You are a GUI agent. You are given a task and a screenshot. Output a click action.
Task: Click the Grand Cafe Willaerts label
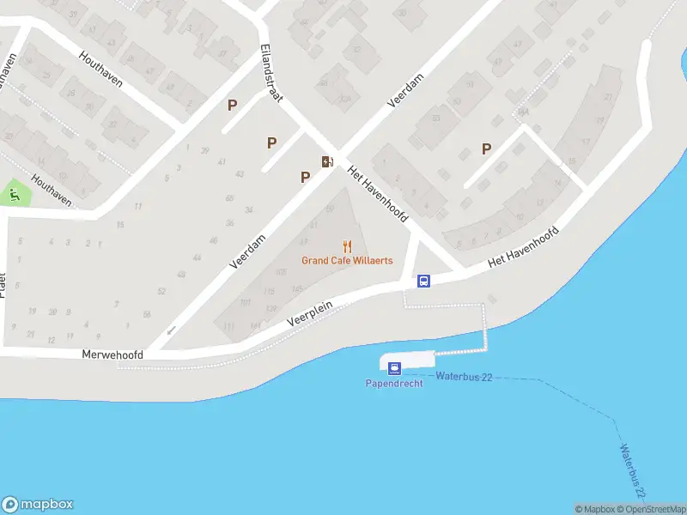tap(347, 260)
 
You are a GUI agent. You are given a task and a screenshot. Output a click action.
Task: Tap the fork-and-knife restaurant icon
tap(347, 246)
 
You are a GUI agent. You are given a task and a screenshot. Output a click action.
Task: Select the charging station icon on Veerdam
tap(326, 161)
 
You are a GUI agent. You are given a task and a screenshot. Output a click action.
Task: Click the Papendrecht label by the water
tap(394, 383)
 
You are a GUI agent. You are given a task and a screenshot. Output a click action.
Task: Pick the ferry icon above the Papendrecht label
tap(394, 368)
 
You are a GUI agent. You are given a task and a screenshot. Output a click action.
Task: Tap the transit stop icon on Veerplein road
tap(423, 281)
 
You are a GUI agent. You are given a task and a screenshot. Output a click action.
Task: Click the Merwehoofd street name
tap(112, 354)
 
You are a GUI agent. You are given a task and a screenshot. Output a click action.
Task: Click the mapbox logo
tap(38, 505)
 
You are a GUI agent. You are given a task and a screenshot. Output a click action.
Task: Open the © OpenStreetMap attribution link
tap(652, 509)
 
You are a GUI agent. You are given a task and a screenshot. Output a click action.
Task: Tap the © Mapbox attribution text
tap(594, 509)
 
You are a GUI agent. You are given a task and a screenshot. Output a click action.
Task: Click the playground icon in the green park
tap(15, 195)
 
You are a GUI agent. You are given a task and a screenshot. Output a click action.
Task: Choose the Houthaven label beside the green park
tap(49, 190)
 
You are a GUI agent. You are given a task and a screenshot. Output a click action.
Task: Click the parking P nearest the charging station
tap(305, 177)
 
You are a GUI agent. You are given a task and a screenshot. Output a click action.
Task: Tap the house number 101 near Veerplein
tap(245, 302)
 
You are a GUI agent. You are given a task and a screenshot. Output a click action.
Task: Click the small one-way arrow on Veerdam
tap(171, 330)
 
